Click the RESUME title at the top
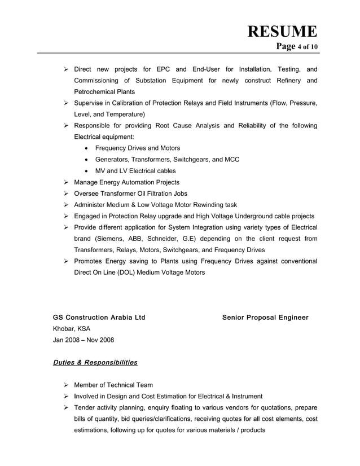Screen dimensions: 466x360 tap(282, 31)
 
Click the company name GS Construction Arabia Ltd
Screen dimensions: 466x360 tap(99, 318)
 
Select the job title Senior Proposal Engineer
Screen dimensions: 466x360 tap(265, 318)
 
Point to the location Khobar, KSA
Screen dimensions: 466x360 tap(71, 329)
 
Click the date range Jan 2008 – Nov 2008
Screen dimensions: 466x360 tap(83, 340)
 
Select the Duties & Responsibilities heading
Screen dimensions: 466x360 tap(95, 363)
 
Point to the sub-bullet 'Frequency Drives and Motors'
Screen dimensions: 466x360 tap(138, 148)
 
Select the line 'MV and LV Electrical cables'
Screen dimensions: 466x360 tap(135, 171)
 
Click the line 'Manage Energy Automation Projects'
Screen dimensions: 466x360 tap(126, 182)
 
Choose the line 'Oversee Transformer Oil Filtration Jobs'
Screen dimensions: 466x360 tap(130, 194)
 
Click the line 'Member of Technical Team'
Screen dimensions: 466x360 tap(113, 385)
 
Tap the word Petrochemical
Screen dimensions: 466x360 tap(95, 92)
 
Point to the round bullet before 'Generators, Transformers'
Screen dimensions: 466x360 tap(85, 160)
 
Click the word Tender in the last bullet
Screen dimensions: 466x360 tap(85, 408)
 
